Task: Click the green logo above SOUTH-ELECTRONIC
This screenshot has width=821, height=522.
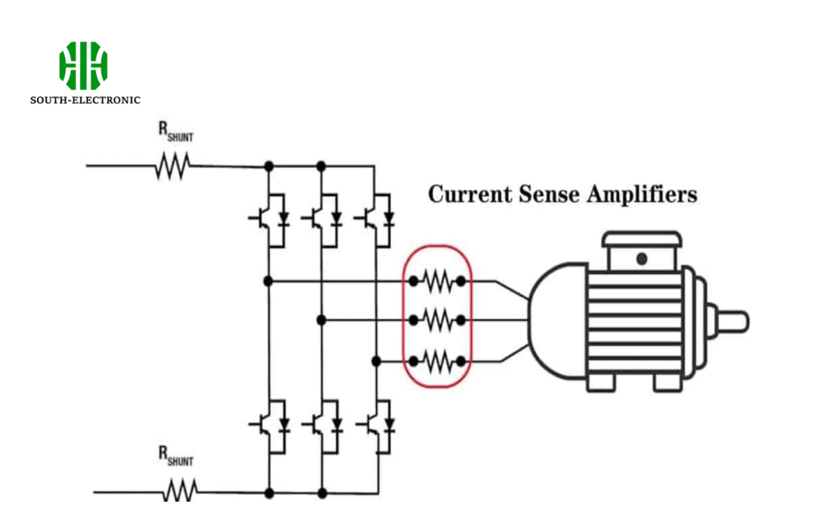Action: pyautogui.click(x=83, y=65)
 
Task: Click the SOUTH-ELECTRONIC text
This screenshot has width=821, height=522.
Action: pyautogui.click(x=85, y=100)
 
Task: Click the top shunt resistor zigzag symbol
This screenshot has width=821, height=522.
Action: pyautogui.click(x=172, y=166)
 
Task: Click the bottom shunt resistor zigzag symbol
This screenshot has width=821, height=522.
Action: pyautogui.click(x=180, y=490)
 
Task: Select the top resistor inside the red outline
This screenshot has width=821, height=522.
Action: pyautogui.click(x=438, y=281)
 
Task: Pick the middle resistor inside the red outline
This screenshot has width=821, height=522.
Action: pyautogui.click(x=438, y=320)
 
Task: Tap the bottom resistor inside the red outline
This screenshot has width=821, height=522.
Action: pyautogui.click(x=438, y=362)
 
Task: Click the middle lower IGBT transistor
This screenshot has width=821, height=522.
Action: pyautogui.click(x=322, y=423)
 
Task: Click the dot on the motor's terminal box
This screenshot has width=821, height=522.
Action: pyautogui.click(x=641, y=258)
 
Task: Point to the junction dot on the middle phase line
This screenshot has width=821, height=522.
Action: pyautogui.click(x=321, y=320)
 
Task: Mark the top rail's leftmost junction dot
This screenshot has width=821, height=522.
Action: pyautogui.click(x=269, y=166)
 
